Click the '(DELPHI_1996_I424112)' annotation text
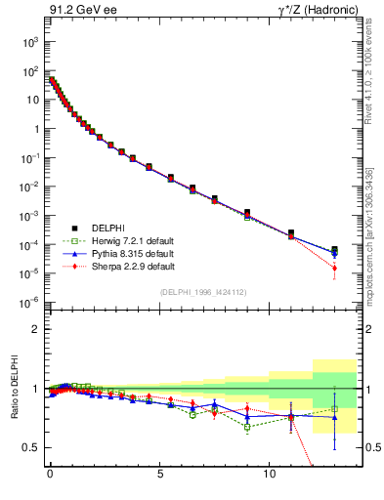[x=202, y=292]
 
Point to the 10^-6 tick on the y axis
[x=33, y=302]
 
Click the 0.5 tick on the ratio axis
[x=33, y=447]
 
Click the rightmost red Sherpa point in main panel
[x=334, y=268]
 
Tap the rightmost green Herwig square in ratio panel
[x=334, y=409]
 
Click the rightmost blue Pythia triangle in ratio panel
[x=334, y=417]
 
